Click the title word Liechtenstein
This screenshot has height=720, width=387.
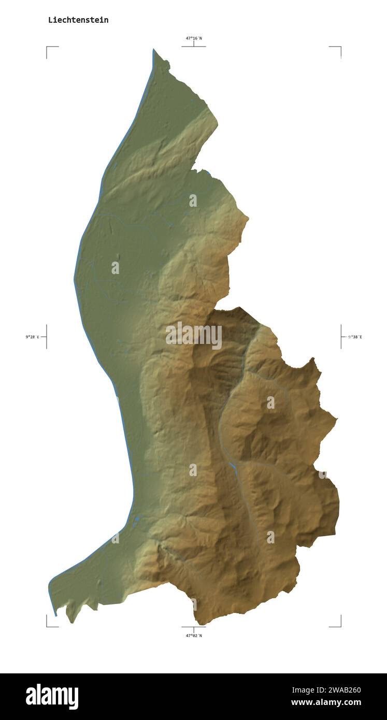[78, 20]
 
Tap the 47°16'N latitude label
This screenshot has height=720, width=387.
[194, 38]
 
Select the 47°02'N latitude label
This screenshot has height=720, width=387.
[194, 636]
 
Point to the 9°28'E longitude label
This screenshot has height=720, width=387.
[32, 337]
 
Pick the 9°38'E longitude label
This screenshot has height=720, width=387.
[355, 337]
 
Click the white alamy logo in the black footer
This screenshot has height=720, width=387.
[52, 697]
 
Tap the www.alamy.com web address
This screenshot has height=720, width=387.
[326, 703]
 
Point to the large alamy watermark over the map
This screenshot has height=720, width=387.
[194, 336]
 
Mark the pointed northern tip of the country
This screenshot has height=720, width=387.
[153, 50]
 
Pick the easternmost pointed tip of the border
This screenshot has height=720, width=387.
[337, 418]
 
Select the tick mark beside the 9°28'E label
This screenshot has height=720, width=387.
[46, 337]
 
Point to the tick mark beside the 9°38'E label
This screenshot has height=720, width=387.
[341, 337]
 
